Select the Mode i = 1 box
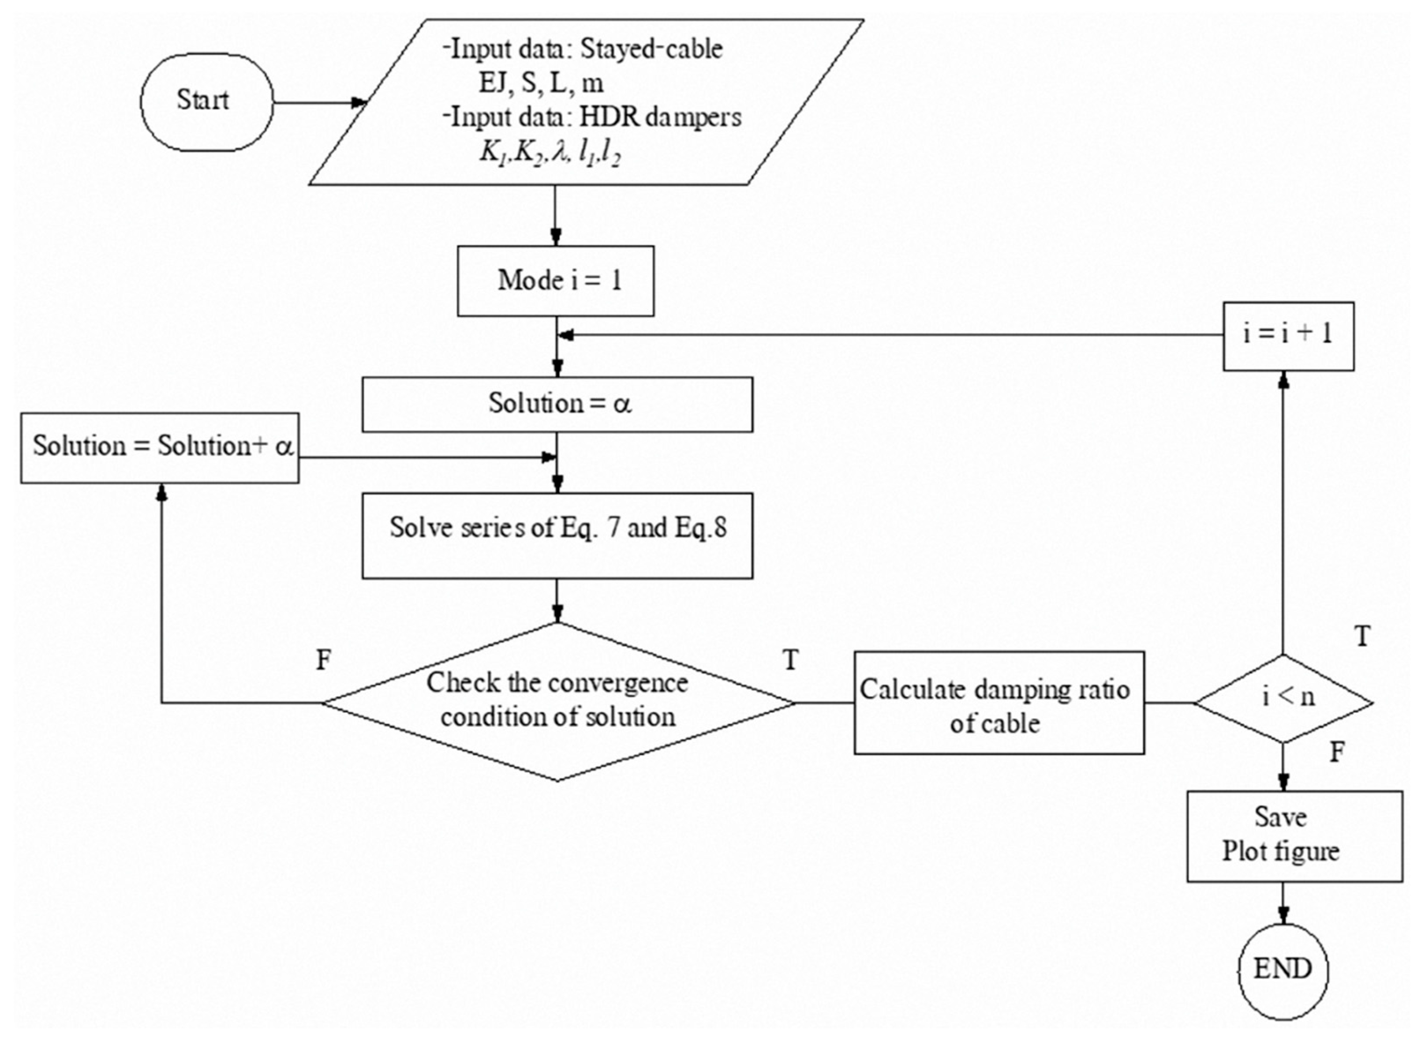(x=555, y=280)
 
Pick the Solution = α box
(x=557, y=404)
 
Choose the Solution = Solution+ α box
(x=160, y=447)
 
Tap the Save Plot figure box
(x=1294, y=836)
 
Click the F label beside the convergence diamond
(x=323, y=660)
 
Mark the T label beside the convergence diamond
(x=791, y=660)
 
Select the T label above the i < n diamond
(x=1362, y=637)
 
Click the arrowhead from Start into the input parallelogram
(x=359, y=102)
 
